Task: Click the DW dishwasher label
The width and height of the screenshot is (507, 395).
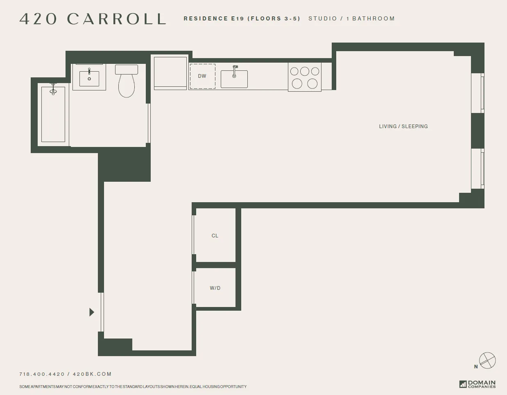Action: [x=202, y=76]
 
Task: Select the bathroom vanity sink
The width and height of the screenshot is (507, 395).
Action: [x=89, y=78]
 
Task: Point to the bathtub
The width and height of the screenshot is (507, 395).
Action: [x=53, y=115]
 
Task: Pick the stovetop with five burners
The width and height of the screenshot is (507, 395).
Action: [x=304, y=77]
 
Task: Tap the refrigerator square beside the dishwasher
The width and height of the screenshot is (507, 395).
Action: [x=170, y=72]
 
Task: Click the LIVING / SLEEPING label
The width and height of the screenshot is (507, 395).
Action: [x=403, y=126]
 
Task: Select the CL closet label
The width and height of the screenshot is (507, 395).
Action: [x=215, y=236]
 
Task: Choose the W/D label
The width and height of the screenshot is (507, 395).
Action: [x=215, y=288]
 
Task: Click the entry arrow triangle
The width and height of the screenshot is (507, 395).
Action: [x=92, y=312]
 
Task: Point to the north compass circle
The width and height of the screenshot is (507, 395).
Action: [x=487, y=361]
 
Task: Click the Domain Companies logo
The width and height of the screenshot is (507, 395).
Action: [x=478, y=384]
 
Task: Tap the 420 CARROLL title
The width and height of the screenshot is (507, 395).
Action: [x=93, y=19]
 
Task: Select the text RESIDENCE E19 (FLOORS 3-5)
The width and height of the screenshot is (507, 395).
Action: [x=242, y=19]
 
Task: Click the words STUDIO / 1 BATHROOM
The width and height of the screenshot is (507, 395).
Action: [x=351, y=19]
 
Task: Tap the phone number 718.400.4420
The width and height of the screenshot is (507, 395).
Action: [x=42, y=374]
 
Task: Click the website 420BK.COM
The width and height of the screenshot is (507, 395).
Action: [x=92, y=374]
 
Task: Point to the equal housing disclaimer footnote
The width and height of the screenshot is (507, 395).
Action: [x=133, y=387]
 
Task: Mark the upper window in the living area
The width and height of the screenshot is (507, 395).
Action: [x=478, y=93]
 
